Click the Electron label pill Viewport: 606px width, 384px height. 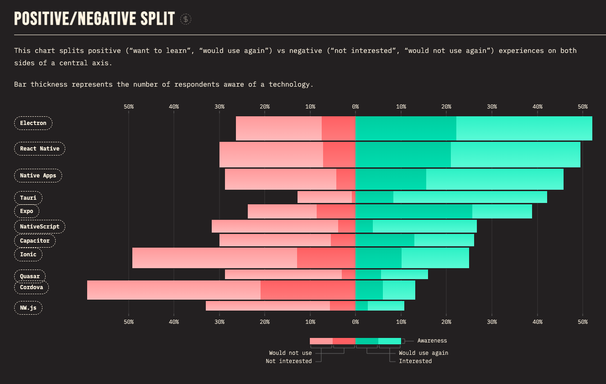tap(33, 123)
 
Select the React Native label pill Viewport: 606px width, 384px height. tap(40, 149)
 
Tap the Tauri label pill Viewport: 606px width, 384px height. tap(28, 198)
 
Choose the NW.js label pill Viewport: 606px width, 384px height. tap(28, 308)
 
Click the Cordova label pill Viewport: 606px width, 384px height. tap(31, 287)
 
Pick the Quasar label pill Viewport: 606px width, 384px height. tap(30, 276)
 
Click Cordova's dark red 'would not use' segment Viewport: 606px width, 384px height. tap(308, 290)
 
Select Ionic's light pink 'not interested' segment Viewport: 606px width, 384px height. tap(214, 258)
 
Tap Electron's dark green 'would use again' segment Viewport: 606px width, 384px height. tap(406, 128)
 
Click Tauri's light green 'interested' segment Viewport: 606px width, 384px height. tap(470, 197)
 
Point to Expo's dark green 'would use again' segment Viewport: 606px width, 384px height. tap(413, 212)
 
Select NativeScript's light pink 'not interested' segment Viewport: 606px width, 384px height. tap(275, 226)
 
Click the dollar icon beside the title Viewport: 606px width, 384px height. tap(186, 19)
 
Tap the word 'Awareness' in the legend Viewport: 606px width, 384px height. tap(432, 341)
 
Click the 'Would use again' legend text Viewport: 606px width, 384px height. tap(423, 353)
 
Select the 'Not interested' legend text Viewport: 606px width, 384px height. tap(289, 361)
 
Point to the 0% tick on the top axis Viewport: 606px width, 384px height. tap(355, 107)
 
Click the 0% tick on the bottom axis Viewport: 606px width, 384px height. tap(355, 322)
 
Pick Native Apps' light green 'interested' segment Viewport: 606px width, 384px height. tap(495, 179)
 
